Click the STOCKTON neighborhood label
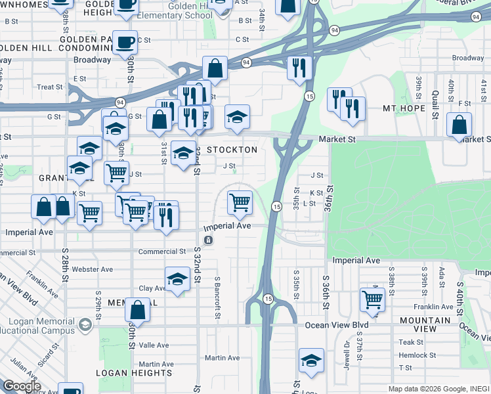click(x=232, y=150)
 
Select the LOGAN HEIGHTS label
click(x=134, y=373)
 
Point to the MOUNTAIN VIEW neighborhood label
click(x=426, y=324)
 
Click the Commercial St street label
click(x=161, y=252)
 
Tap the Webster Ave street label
click(x=93, y=269)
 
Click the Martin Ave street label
click(x=222, y=358)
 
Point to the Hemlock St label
click(x=417, y=355)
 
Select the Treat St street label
click(x=50, y=87)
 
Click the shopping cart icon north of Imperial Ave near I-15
click(x=240, y=202)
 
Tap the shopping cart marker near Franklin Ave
click(x=372, y=299)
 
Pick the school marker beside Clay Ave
click(x=177, y=280)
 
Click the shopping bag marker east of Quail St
click(x=459, y=124)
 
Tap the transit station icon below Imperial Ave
click(x=208, y=240)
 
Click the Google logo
click(x=22, y=386)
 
